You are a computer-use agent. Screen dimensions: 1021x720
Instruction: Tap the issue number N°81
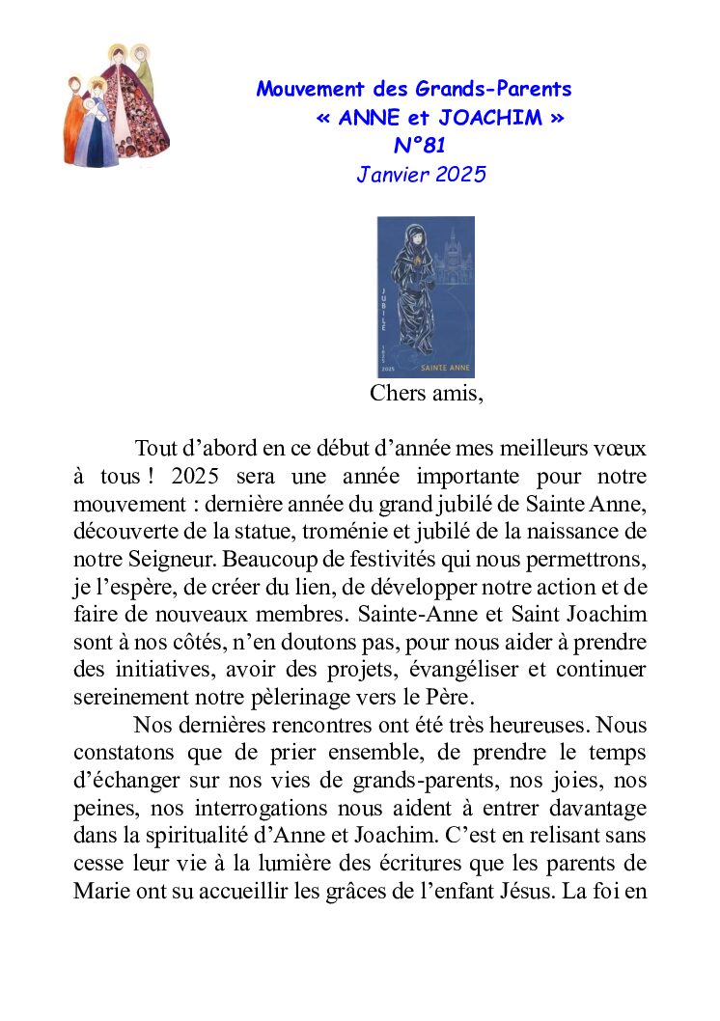419,146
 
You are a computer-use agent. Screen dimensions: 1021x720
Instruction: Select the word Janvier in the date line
387,175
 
